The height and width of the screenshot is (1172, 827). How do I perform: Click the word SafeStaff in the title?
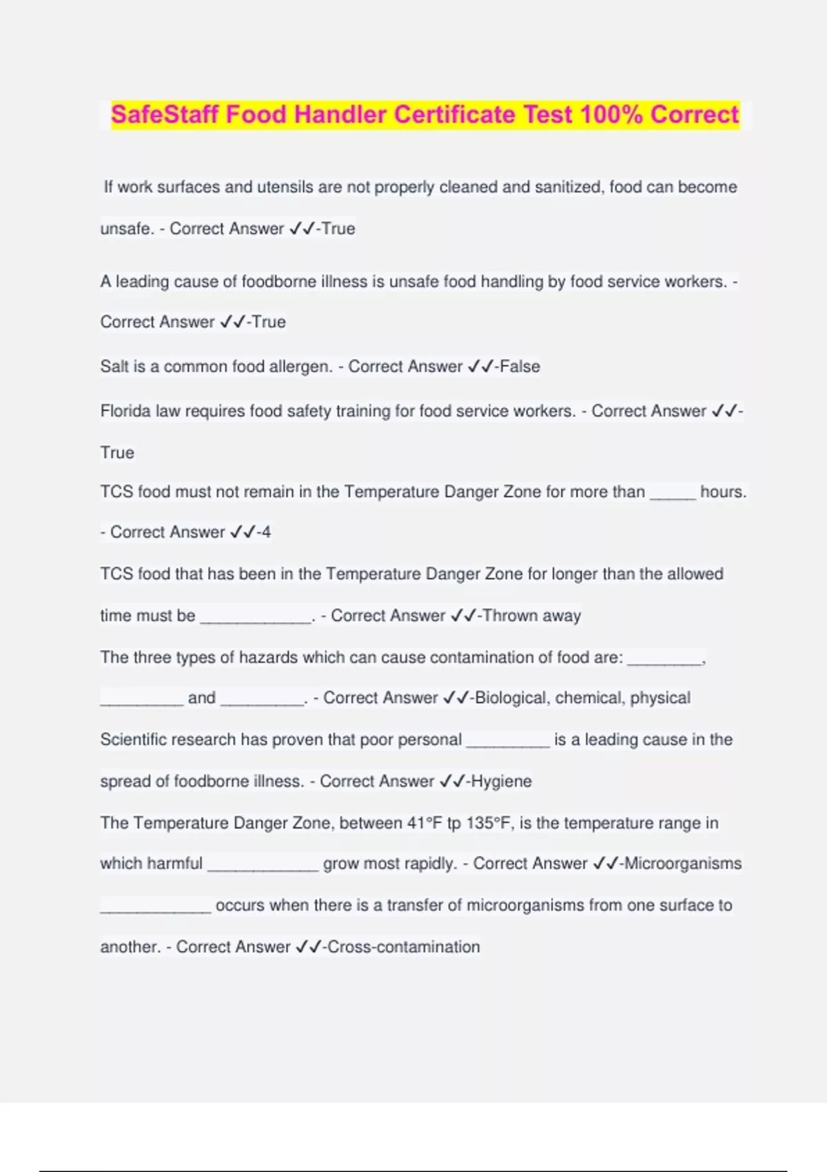click(x=165, y=114)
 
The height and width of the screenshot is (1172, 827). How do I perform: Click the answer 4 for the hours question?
click(x=266, y=532)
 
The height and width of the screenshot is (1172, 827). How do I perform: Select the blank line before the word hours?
click(x=673, y=494)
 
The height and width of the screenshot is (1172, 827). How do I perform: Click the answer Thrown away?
click(x=532, y=616)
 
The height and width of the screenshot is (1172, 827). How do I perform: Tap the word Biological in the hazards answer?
click(x=511, y=698)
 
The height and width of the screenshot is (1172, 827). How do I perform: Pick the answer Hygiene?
click(x=501, y=781)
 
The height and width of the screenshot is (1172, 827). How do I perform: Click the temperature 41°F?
click(x=425, y=823)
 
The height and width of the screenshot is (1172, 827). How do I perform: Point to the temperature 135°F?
click(x=490, y=823)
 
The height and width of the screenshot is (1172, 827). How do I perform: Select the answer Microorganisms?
click(x=683, y=864)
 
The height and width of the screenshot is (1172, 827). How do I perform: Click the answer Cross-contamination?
click(x=404, y=947)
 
